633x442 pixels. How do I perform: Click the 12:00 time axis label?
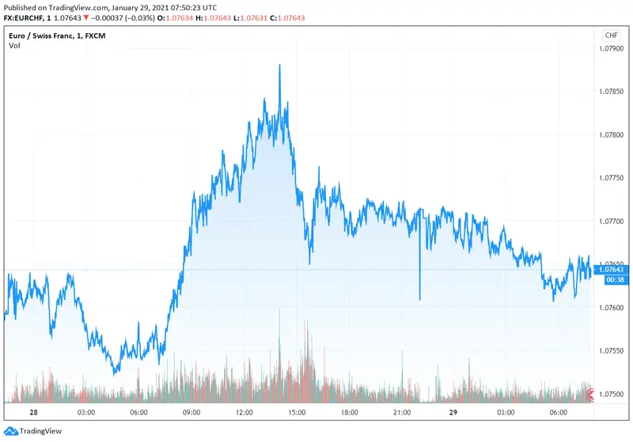point(244,413)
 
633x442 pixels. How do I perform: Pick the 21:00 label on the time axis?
point(401,413)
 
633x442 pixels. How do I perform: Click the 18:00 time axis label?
point(349,413)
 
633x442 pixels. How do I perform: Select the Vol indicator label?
point(14,46)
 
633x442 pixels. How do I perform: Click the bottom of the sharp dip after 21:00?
point(419,300)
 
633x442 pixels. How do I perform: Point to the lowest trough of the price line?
point(116,373)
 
